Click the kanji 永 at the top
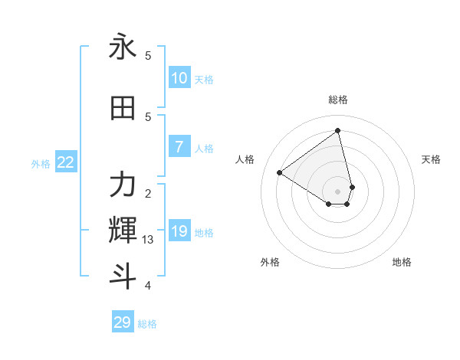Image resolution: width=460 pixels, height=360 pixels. click(x=123, y=47)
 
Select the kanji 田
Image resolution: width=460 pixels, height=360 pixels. click(x=123, y=109)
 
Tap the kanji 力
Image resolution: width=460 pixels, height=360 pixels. click(x=123, y=185)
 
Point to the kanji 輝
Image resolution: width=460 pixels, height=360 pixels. click(x=123, y=230)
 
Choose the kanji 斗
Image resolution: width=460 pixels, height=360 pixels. click(x=123, y=275)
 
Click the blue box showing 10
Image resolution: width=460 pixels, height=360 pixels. click(x=179, y=78)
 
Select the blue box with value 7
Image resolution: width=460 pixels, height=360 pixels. click(x=179, y=147)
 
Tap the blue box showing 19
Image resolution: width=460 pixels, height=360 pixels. click(x=179, y=231)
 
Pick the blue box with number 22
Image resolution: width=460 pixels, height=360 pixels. click(x=66, y=162)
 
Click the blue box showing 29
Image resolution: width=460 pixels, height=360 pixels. click(x=123, y=322)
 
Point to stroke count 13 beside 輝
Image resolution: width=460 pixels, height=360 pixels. click(x=148, y=240)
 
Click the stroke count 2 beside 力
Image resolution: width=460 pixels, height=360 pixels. click(x=148, y=193)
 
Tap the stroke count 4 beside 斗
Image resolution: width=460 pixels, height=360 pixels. click(x=148, y=286)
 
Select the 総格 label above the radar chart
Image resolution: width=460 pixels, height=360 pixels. click(x=338, y=100)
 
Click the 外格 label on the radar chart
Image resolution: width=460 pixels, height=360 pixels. click(x=270, y=262)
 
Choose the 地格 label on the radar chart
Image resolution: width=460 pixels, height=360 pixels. click(x=402, y=262)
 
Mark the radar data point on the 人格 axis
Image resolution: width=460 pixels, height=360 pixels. click(x=280, y=172)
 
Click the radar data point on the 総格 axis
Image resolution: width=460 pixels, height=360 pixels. click(x=338, y=130)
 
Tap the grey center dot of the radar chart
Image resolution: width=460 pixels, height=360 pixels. click(x=338, y=191)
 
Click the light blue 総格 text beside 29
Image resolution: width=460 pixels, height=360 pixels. click(x=147, y=324)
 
